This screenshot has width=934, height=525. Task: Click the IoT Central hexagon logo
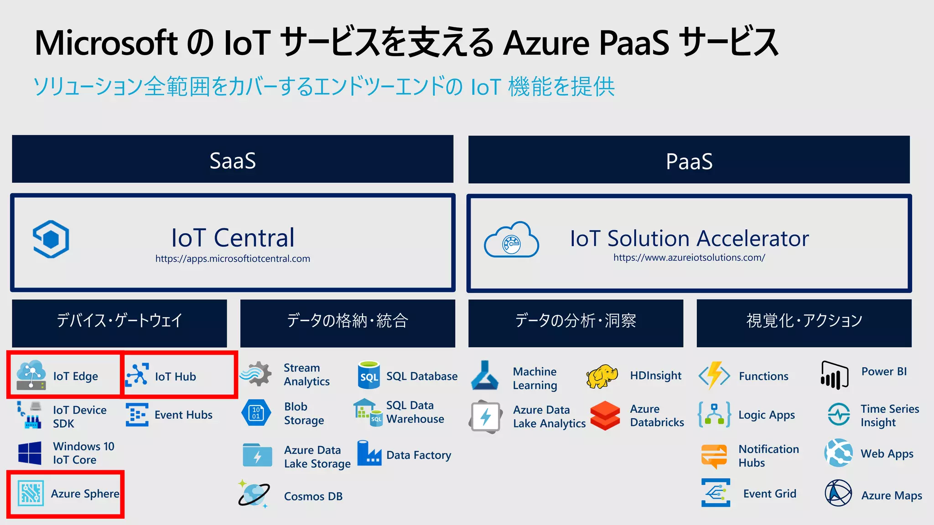point(51,239)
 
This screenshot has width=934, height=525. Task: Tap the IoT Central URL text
point(233,259)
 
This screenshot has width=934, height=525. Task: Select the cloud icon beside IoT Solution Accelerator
point(511,240)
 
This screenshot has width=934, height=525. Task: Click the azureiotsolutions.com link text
point(689,257)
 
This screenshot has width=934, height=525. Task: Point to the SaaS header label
point(233,160)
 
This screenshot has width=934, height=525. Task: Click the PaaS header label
point(689,161)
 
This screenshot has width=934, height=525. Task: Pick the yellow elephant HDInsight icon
point(602,376)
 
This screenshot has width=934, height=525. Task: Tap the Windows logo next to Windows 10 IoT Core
point(30,453)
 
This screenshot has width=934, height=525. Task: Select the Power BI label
point(884,371)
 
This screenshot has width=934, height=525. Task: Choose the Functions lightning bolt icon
point(714,376)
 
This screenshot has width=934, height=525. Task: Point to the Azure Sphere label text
point(85,494)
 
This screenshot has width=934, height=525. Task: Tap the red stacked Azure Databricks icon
point(605,415)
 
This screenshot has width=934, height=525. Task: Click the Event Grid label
point(770,494)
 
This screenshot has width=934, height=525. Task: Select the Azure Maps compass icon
point(838,493)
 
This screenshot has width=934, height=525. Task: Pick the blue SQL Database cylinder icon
point(369,375)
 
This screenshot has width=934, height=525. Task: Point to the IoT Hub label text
point(176,376)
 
